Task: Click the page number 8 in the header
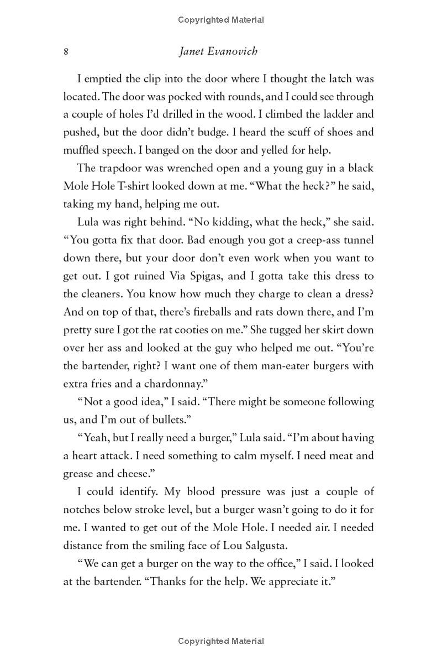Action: pyautogui.click(x=66, y=51)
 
